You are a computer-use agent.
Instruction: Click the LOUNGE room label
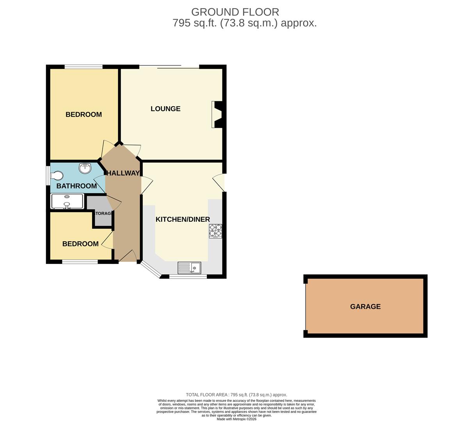pos(165,109)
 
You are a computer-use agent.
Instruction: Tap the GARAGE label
pos(365,307)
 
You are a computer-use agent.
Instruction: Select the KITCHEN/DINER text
pos(183,219)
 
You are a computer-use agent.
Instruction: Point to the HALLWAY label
pos(123,173)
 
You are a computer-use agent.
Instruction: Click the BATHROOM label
pos(76,186)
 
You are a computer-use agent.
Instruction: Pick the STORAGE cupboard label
pos(103,214)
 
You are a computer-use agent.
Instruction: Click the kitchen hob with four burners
pos(215,231)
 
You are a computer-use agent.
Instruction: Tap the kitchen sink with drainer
pos(189,267)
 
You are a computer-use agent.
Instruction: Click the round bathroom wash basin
pos(85,168)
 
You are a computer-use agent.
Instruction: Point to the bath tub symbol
pos(67,201)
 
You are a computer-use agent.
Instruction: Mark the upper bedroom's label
pos(84,115)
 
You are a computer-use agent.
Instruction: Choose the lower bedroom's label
pos(80,244)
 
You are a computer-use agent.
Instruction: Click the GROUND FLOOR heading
pos(235,12)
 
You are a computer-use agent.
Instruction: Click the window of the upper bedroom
pos(84,67)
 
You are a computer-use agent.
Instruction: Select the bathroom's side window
pos(48,176)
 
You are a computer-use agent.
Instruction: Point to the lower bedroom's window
pos(80,262)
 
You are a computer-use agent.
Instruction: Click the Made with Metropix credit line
pos(236,419)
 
